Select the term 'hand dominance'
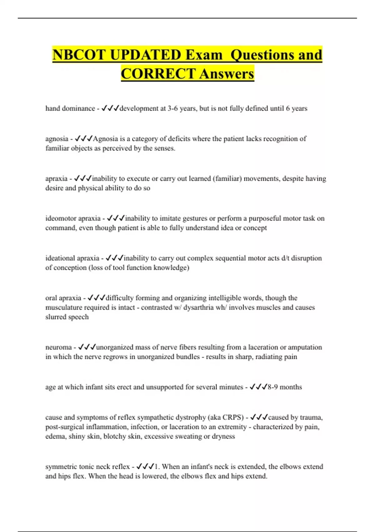click(x=70, y=108)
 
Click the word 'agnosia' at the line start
click(x=57, y=139)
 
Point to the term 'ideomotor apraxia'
click(x=73, y=218)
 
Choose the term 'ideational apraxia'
click(x=72, y=258)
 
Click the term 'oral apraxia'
click(x=63, y=298)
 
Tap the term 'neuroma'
click(x=58, y=347)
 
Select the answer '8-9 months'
click(x=285, y=387)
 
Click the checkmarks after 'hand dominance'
click(x=110, y=108)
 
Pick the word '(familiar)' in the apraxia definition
click(x=227, y=178)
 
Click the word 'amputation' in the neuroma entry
click(x=305, y=347)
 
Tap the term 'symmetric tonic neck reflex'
click(x=87, y=467)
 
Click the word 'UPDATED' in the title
click(x=145, y=55)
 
